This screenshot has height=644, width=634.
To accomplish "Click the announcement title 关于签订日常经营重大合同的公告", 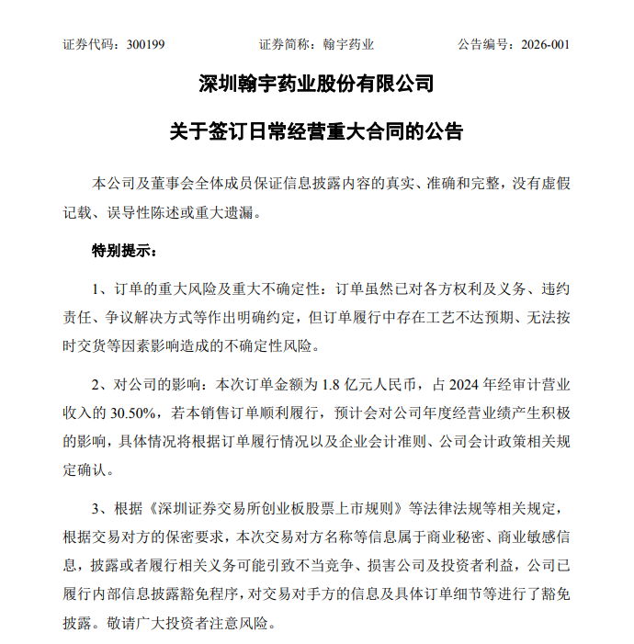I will point(316,130).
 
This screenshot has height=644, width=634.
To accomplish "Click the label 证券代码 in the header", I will point(86,44).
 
